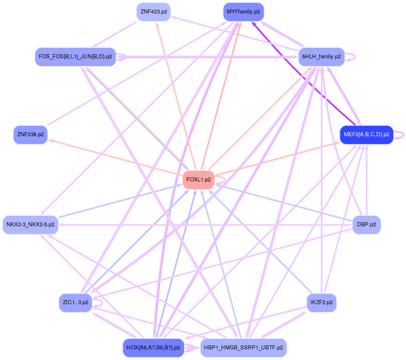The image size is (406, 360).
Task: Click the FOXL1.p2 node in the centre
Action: point(198,179)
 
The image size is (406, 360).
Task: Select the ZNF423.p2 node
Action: point(153,12)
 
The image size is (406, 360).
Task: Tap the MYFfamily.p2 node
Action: point(243,12)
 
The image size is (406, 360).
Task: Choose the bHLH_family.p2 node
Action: point(322,57)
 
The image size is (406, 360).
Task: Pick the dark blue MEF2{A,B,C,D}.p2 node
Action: point(366,134)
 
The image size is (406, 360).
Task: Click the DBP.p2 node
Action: point(366,224)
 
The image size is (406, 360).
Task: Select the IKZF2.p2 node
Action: point(322,303)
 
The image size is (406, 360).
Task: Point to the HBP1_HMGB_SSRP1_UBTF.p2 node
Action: point(244,348)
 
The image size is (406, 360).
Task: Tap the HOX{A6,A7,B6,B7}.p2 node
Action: point(153,348)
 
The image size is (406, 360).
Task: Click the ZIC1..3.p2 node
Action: point(75,303)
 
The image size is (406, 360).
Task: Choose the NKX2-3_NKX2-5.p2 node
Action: point(31,224)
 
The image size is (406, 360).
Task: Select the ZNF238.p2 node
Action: point(31,134)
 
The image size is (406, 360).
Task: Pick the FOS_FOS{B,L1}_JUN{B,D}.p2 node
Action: point(75,57)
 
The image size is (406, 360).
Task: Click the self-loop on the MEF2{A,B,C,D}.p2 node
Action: point(403,135)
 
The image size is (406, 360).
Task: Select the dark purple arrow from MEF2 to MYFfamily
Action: point(304,73)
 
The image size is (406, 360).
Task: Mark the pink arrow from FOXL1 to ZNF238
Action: point(118,157)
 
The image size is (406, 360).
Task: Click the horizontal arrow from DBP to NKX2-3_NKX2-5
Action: point(204,225)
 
